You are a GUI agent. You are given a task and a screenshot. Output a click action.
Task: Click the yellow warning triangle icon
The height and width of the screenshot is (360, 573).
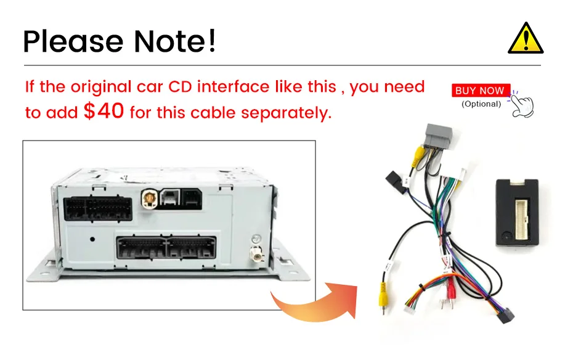click(x=524, y=38)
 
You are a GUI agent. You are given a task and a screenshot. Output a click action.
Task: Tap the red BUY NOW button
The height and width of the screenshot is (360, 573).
click(x=480, y=91)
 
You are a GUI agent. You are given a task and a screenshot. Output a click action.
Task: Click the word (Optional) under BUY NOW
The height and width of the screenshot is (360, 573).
click(x=481, y=104)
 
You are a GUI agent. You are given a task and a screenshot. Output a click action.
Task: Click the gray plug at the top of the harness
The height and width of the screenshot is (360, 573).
click(x=437, y=140)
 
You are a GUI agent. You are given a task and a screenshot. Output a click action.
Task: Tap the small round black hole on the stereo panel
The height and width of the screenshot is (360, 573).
click(x=92, y=239)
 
